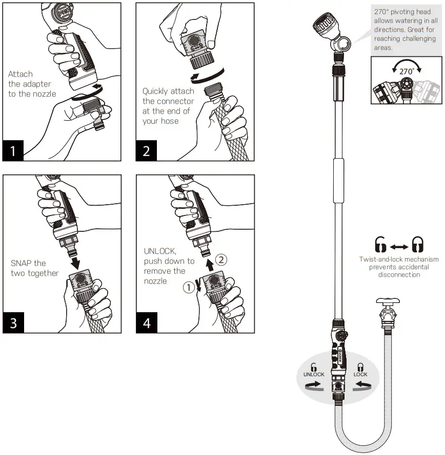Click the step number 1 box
pyautogui.click(x=13, y=150)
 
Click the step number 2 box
pyautogui.click(x=147, y=150)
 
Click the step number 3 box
pyautogui.click(x=13, y=323)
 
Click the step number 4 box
pyautogui.click(x=147, y=323)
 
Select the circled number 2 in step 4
pyautogui.click(x=220, y=259)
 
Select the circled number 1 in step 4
pyautogui.click(x=189, y=288)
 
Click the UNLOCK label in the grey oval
pyautogui.click(x=313, y=374)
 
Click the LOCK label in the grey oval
pyautogui.click(x=360, y=374)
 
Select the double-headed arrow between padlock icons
pyautogui.click(x=399, y=247)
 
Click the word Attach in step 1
pyautogui.click(x=19, y=74)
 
